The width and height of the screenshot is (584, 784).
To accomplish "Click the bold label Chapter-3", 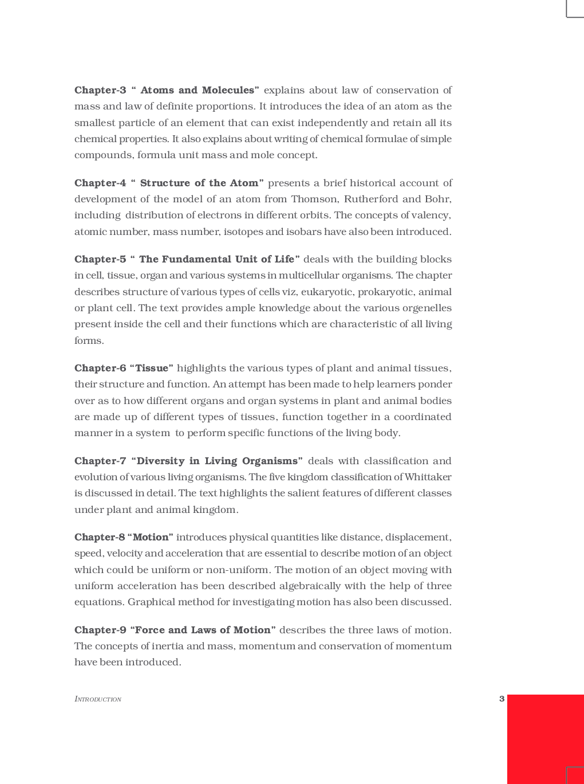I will coord(100,90).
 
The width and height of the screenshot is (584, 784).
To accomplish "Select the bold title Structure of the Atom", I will coord(199,183).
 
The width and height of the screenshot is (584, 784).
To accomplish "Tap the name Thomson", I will coord(314,199).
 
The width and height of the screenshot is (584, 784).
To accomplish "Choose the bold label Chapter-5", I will coord(100,259).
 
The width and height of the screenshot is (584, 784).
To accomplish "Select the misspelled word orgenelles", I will coord(426,308).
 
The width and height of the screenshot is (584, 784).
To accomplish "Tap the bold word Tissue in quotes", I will coord(152,368).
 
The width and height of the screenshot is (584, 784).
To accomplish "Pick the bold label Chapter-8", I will coord(100,537).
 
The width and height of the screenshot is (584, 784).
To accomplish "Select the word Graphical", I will coord(151,602).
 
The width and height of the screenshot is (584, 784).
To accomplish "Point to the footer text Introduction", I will coord(98,699).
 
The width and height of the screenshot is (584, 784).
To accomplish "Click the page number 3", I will coord(502,699).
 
